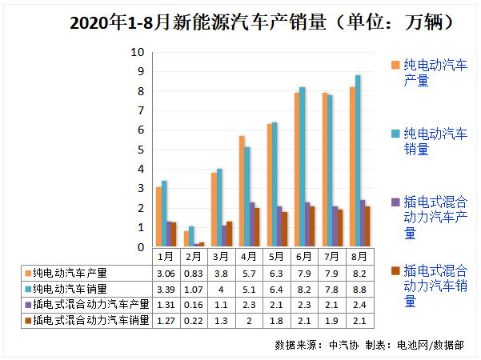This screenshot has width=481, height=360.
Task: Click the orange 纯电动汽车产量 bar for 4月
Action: (x=242, y=192)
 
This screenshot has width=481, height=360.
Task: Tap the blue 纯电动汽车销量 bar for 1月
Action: (x=164, y=214)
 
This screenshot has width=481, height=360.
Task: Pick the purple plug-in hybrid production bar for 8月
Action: (x=363, y=224)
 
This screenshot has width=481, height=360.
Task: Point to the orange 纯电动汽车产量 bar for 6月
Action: (x=296, y=170)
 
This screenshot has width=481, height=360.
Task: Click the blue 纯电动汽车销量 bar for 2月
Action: (x=191, y=237)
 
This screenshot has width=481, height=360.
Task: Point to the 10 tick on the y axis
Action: (x=138, y=52)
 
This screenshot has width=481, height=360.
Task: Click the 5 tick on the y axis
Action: (x=140, y=150)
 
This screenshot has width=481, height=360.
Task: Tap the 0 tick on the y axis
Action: (x=140, y=247)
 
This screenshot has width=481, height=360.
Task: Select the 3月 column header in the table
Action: (x=220, y=257)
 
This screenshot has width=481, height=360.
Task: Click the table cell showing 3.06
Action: (x=164, y=273)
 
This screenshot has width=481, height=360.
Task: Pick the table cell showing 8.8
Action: (x=359, y=289)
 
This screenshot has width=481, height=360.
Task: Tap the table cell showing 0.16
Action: (x=192, y=305)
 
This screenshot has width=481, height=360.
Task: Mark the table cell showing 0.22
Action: (x=192, y=321)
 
